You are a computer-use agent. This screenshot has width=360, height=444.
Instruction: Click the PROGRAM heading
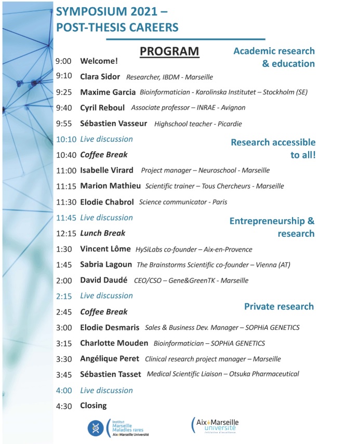point(169,51)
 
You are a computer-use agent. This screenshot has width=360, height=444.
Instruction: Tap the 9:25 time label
point(64,92)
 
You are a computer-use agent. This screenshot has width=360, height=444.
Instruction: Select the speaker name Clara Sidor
point(100,77)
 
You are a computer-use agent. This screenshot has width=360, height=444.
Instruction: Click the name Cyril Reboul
point(102,108)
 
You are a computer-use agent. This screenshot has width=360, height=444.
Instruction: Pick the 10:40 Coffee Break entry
point(103,155)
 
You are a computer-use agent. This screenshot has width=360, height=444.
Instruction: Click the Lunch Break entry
point(102,233)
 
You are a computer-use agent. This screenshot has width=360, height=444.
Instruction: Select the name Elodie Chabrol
point(106,202)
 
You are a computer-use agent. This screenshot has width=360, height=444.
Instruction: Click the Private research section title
point(279,306)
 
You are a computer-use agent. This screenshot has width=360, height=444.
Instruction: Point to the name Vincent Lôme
point(105,249)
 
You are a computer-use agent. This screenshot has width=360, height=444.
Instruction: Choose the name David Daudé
point(103,280)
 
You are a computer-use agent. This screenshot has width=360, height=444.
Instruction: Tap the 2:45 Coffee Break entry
point(103,312)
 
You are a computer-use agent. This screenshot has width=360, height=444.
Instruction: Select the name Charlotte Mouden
point(114,343)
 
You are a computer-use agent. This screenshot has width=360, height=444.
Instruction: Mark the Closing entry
point(93,406)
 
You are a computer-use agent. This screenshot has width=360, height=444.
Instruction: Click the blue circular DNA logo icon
point(97,427)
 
